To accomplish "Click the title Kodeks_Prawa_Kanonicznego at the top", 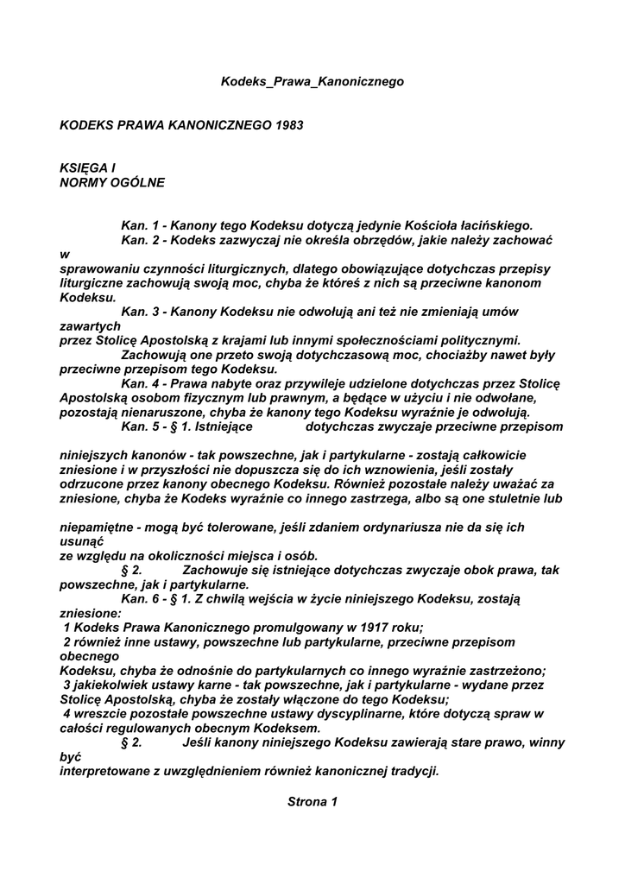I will pos(312,82).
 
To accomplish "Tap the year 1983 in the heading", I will pos(289,125).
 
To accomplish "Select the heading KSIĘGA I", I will pos(87,168).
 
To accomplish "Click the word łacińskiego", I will pos(490,225).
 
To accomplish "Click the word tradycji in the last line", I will pos(414,771).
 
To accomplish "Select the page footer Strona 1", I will pos(312,802).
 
